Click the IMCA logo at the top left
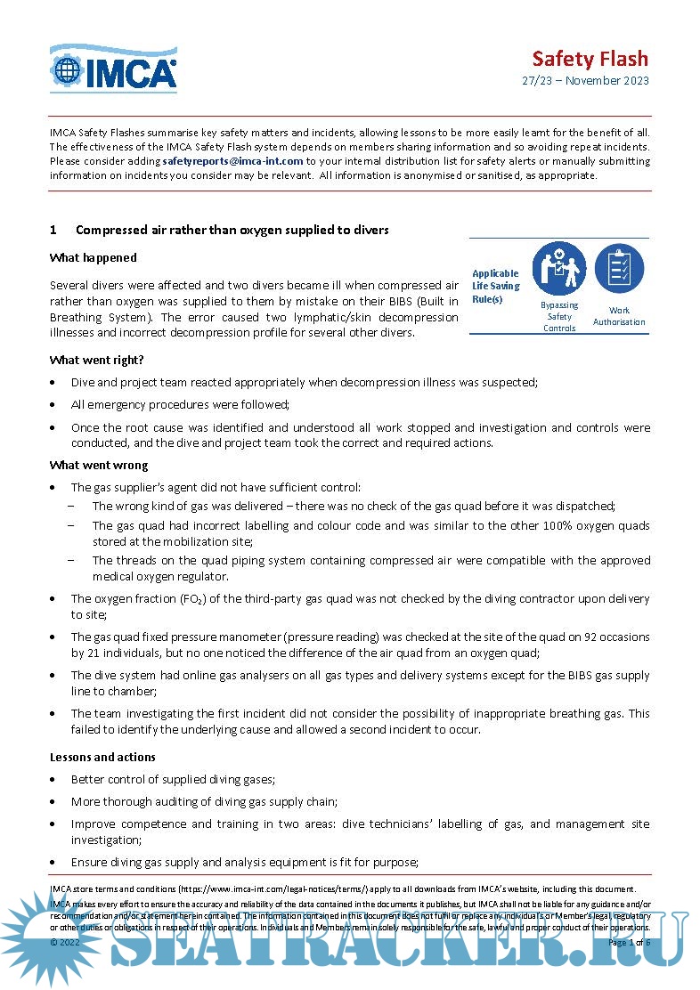113,69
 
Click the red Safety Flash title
590,59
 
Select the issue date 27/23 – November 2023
585,81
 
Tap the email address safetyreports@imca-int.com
232,161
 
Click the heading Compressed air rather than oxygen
232,230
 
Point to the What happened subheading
94,257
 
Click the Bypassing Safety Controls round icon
559,269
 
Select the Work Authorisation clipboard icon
619,268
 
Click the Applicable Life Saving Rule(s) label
495,286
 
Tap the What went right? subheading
97,360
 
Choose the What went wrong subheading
99,465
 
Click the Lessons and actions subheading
102,757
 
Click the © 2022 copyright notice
66,941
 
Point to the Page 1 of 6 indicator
629,941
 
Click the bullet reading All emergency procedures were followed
180,404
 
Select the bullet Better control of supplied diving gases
173,779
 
